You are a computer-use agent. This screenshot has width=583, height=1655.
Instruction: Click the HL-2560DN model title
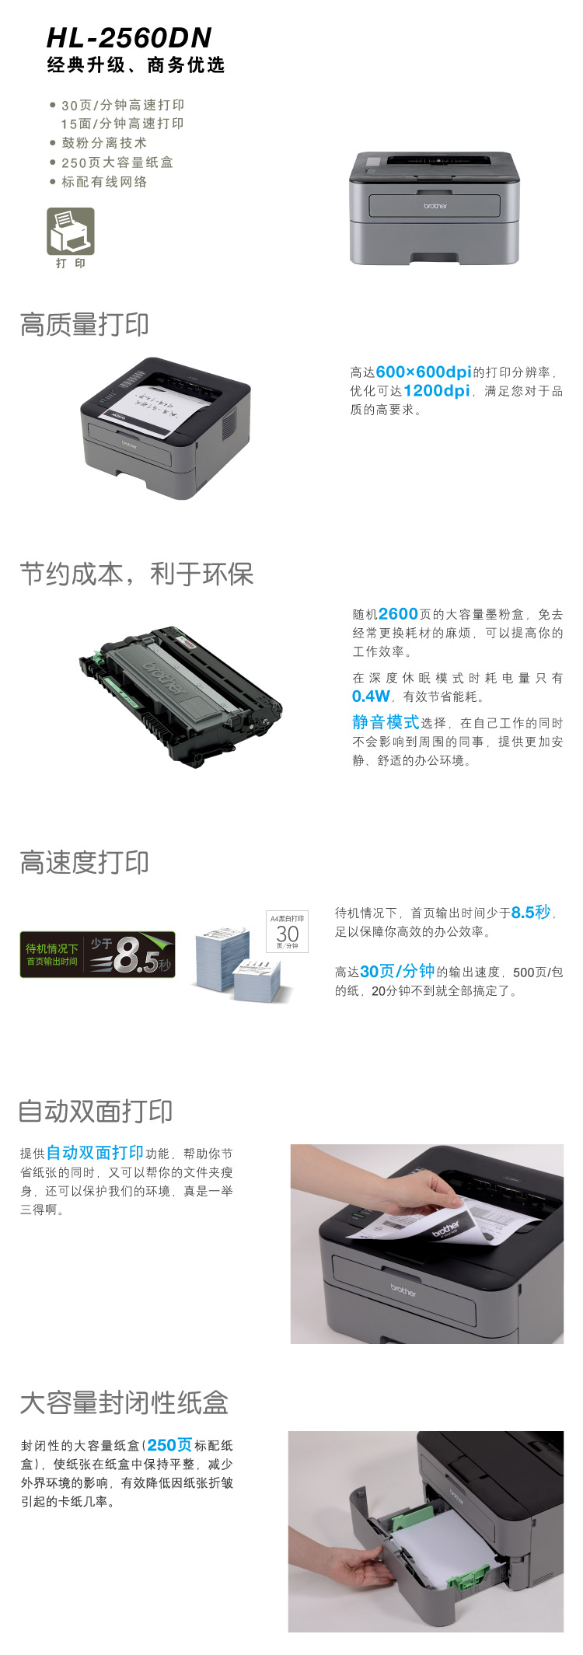[129, 38]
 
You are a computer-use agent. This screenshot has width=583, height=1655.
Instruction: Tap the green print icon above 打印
[71, 231]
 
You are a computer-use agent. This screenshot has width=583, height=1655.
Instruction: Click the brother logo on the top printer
[435, 206]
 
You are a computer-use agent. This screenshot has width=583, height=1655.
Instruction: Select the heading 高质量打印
[84, 325]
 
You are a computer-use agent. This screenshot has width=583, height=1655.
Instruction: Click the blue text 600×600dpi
[424, 372]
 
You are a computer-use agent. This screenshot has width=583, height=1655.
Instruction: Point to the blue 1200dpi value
[437, 391]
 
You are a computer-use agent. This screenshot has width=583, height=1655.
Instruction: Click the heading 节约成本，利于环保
[137, 574]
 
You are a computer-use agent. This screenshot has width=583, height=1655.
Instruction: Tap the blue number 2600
[398, 614]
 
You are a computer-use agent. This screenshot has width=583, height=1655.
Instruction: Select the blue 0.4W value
[371, 697]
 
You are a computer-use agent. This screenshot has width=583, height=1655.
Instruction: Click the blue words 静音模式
[386, 722]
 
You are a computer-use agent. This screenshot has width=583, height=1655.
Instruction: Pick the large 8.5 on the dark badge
[137, 955]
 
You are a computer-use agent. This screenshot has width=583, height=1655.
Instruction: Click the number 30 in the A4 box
[288, 934]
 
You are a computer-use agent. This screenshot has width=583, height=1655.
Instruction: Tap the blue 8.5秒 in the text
[531, 913]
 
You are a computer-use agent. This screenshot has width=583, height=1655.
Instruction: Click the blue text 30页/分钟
[397, 972]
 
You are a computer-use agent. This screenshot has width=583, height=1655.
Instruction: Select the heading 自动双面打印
[96, 1112]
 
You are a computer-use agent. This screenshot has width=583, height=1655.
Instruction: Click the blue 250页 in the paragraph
[169, 1445]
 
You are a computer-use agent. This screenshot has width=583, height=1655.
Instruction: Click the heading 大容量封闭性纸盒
[124, 1403]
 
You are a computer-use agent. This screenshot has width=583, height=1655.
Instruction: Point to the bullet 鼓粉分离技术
[104, 143]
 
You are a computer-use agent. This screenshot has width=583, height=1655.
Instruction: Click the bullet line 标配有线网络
[104, 182]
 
